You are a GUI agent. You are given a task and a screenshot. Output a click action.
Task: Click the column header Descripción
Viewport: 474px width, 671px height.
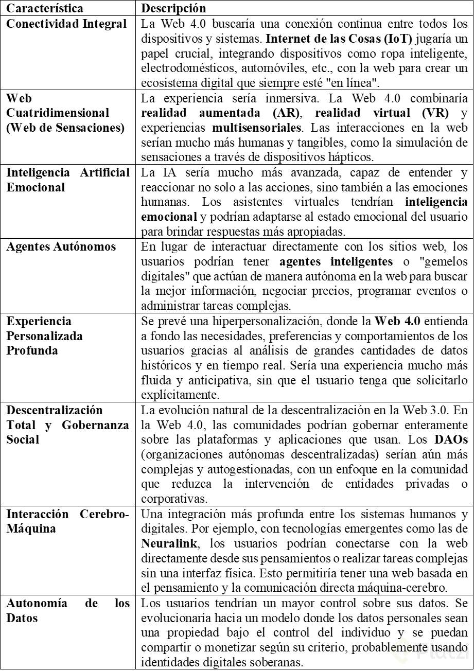click(x=173, y=9)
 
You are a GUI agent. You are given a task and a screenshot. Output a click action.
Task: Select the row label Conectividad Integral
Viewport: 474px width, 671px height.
click(x=66, y=24)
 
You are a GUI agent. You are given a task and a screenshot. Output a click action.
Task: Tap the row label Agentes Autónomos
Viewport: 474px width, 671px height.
click(x=61, y=246)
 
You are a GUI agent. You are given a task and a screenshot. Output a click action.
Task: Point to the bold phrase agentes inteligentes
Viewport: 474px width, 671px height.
click(x=349, y=261)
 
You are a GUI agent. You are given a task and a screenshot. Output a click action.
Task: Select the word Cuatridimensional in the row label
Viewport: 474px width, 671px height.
click(x=58, y=112)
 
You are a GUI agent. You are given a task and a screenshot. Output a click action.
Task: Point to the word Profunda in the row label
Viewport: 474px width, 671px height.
click(x=32, y=351)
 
